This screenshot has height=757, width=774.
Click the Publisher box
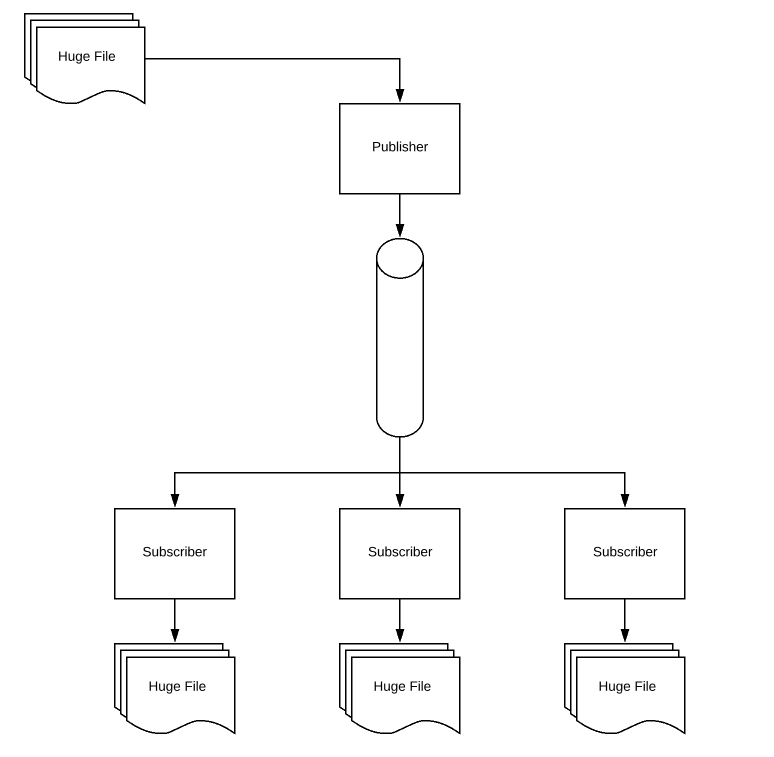click(399, 149)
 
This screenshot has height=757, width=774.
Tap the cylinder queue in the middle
click(399, 340)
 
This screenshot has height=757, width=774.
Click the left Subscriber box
click(174, 553)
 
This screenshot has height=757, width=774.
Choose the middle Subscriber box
click(399, 553)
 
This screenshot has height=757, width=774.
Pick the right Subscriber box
click(624, 553)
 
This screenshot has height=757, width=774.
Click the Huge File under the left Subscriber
click(177, 687)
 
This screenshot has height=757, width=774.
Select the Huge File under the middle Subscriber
click(402, 687)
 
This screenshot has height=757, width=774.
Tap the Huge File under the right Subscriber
click(627, 687)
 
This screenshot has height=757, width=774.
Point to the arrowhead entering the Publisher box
click(399, 96)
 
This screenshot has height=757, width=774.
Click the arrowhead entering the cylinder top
click(399, 231)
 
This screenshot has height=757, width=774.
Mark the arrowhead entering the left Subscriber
click(174, 501)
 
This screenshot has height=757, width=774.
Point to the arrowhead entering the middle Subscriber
click(399, 501)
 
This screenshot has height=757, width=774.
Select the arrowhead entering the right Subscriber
click(624, 501)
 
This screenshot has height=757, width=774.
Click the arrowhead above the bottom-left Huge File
click(174, 635)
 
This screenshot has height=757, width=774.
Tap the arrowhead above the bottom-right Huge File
click(624, 635)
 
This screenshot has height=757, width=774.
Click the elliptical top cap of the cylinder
click(399, 259)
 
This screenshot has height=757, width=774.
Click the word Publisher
click(399, 147)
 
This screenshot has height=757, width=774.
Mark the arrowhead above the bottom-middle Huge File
click(399, 635)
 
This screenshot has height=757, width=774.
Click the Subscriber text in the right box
click(624, 552)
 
